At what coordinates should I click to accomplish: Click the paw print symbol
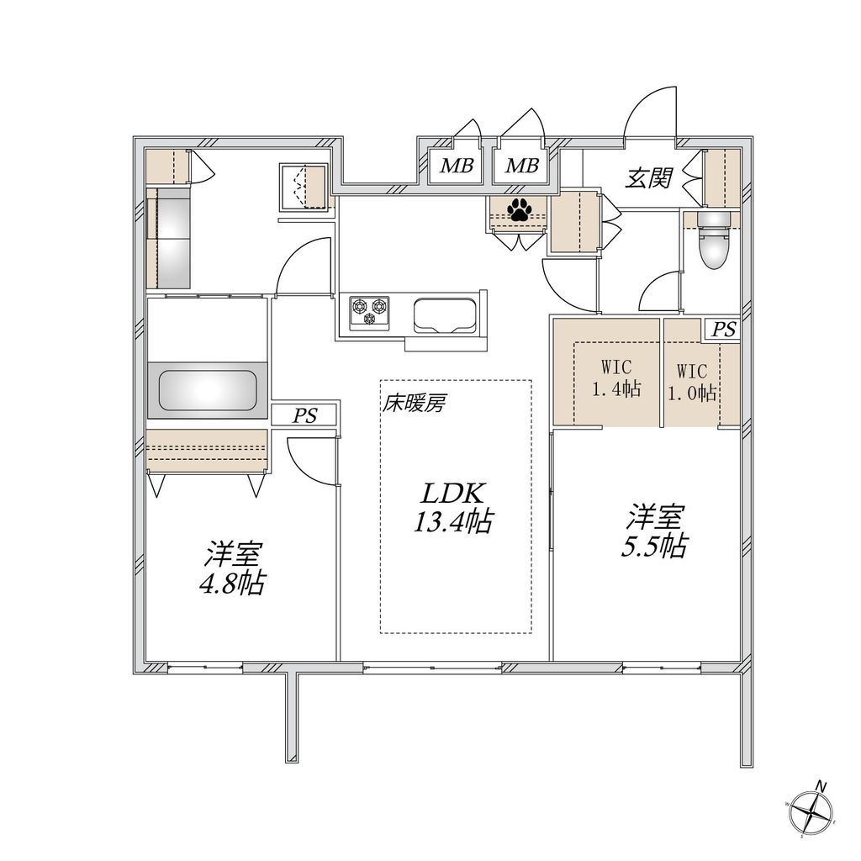click(519, 209)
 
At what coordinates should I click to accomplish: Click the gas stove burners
click(371, 309)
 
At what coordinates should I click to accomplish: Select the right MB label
click(521, 166)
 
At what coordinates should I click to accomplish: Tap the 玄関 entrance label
click(648, 177)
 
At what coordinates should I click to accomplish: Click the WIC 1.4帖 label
click(615, 380)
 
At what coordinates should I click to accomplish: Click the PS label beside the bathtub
click(304, 415)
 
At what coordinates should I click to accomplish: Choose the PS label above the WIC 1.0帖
click(722, 330)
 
